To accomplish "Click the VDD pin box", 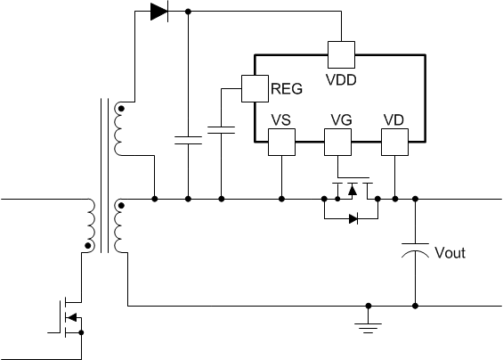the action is point(341,54).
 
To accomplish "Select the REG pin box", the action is point(255,88).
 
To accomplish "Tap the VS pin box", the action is point(281,143).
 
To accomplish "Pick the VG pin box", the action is point(337,143).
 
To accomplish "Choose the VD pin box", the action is point(395,143).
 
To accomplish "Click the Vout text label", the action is point(450,253).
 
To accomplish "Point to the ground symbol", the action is point(369,328).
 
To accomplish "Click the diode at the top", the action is point(159,12).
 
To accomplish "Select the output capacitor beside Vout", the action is point(415,250).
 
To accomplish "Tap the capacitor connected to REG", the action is point(221,130).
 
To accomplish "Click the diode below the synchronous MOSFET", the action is point(353,219).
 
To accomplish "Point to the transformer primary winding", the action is point(90,225).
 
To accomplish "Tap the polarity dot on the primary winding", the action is point(87,246).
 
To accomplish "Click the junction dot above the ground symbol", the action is point(369,306).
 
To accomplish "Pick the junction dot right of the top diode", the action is point(189,12).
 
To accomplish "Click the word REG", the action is point(287,88).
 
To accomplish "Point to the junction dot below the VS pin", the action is point(281,199).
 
